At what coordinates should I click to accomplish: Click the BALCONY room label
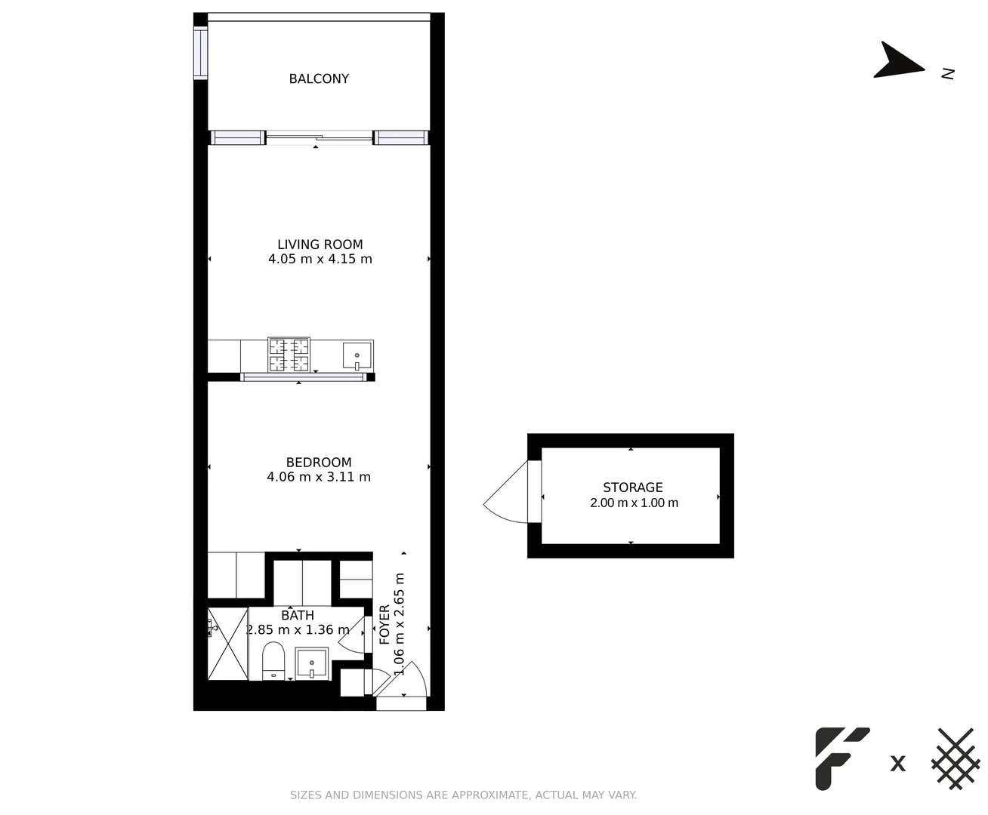point(319,78)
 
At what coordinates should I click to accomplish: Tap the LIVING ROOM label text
point(320,244)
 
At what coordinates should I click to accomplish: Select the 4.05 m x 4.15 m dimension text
point(320,259)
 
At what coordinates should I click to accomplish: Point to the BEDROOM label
point(318,463)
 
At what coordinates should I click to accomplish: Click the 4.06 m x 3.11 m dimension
point(318,477)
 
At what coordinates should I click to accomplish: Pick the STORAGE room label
point(632,487)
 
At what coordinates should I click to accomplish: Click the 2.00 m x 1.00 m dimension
point(634,503)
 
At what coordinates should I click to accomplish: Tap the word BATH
point(298,616)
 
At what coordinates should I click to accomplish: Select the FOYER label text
point(384,624)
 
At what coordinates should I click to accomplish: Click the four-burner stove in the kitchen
point(289,355)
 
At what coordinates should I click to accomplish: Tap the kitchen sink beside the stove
point(357,355)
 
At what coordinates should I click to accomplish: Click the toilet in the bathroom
point(273,660)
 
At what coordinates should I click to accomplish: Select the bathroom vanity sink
point(311,664)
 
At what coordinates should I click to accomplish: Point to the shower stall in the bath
point(227,644)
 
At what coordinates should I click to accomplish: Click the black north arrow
point(897,62)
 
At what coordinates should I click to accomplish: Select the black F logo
point(841,758)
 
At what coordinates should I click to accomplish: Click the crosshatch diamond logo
point(956,758)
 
